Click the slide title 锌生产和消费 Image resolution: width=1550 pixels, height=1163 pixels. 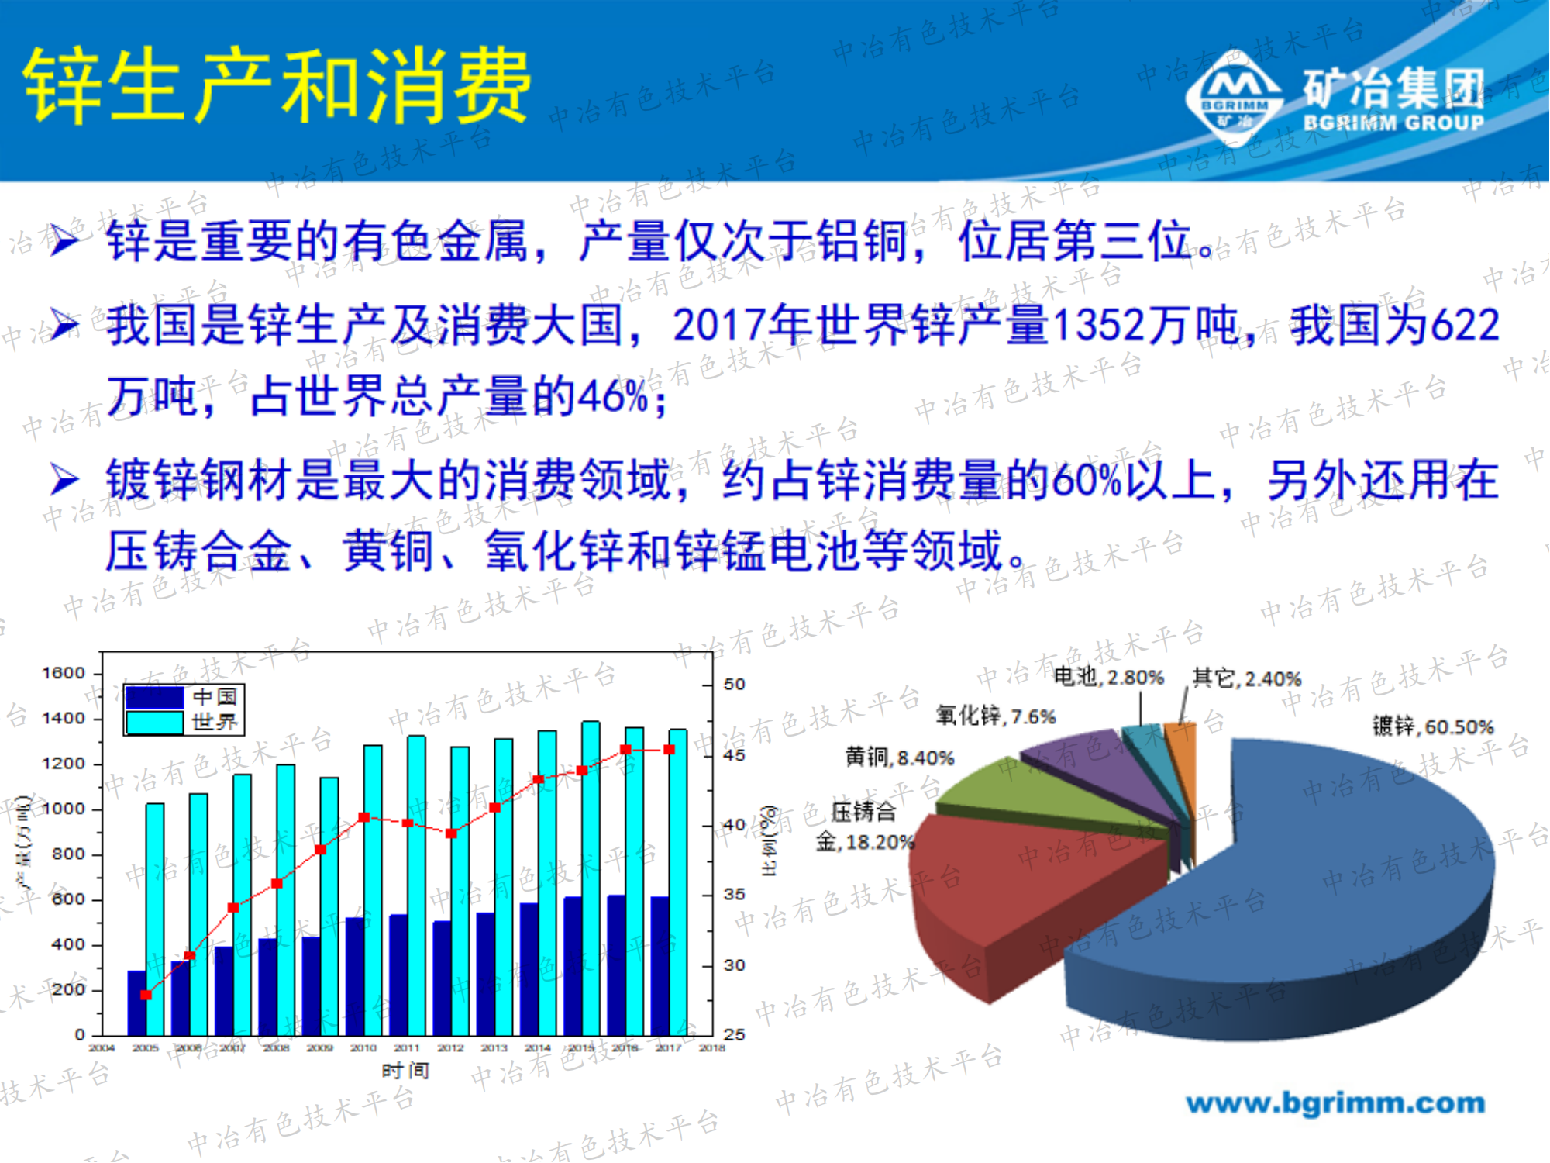[x=277, y=85]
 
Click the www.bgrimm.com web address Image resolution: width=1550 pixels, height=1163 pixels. [x=1335, y=1103]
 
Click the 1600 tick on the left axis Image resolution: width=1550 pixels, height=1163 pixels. [x=64, y=673]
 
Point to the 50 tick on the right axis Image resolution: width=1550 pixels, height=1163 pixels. [x=734, y=685]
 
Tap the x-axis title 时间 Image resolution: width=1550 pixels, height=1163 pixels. [x=405, y=1071]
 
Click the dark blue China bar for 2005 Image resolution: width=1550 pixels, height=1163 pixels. [x=136, y=1003]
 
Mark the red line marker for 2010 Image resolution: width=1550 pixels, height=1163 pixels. [x=364, y=817]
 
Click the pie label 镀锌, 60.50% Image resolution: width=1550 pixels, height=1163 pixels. [x=1432, y=726]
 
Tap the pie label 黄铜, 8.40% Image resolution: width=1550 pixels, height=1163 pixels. [x=899, y=758]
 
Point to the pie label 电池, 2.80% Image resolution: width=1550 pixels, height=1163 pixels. [x=1108, y=678]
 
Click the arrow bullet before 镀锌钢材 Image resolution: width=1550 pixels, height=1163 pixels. [x=64, y=480]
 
